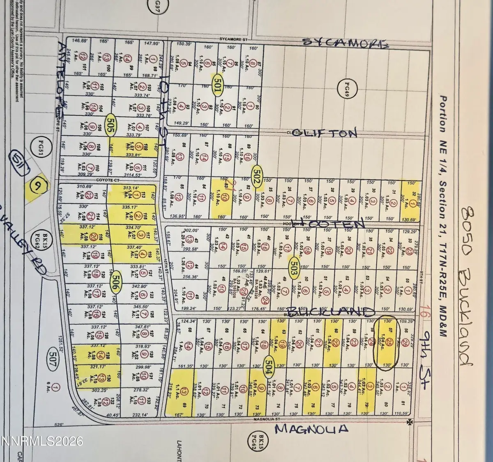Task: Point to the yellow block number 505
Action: (x=110, y=122)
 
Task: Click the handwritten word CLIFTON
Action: (x=326, y=133)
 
